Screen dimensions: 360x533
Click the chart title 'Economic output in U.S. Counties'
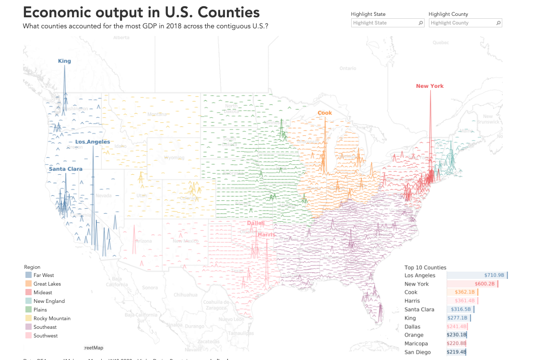tap(142, 12)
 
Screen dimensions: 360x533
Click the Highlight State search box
tap(384, 23)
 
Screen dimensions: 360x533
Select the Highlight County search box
tap(462, 23)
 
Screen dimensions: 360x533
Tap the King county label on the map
tap(64, 61)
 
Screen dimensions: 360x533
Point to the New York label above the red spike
tap(430, 86)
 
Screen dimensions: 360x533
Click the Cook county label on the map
tap(325, 113)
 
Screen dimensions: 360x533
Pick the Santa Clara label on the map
tap(65, 169)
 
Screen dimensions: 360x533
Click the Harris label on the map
tap(266, 235)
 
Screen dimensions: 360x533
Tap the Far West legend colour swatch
tap(28, 276)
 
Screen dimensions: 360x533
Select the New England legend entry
tap(49, 301)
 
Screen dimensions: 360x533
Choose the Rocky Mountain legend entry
tap(52, 319)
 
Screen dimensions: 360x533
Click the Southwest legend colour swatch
tap(28, 336)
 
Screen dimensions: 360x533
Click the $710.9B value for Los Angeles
tap(494, 276)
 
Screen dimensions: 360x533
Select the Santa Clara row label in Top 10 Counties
tap(419, 310)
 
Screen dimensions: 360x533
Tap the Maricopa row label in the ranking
tap(416, 344)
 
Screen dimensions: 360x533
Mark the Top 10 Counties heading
tap(425, 267)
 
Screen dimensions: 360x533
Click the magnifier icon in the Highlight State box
tap(421, 23)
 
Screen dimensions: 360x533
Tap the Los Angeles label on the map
tap(93, 142)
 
